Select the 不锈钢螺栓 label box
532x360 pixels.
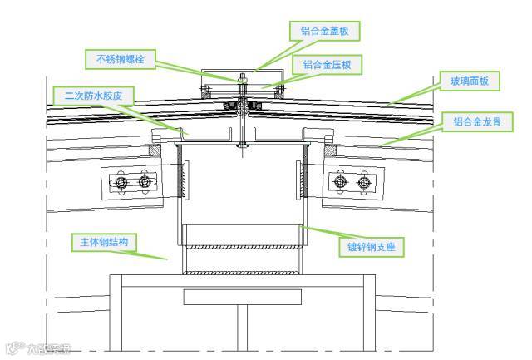[x=120, y=59]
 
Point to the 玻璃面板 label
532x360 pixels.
[x=475, y=82]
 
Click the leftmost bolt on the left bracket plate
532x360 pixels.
[x=122, y=181]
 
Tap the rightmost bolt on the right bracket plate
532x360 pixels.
[x=362, y=181]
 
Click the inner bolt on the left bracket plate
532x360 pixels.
[x=145, y=181]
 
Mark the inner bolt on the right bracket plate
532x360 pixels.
[x=339, y=181]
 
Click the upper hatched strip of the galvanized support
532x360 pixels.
[x=242, y=246]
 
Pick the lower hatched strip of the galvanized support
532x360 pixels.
[x=242, y=273]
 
